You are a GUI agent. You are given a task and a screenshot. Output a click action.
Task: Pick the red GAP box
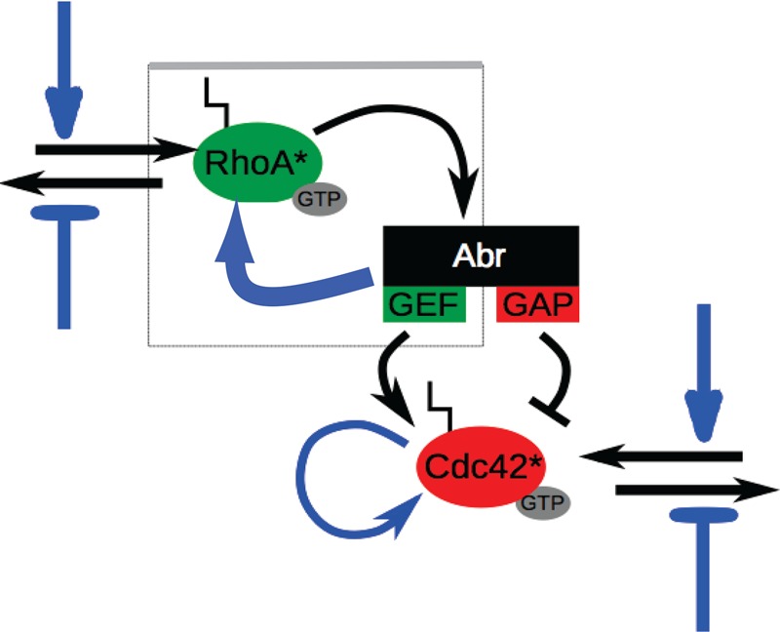pyautogui.click(x=539, y=304)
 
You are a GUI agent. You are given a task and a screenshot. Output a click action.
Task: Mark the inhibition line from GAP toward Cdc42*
pyautogui.click(x=565, y=371)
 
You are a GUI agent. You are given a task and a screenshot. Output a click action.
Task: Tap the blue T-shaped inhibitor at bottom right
pyautogui.click(x=704, y=566)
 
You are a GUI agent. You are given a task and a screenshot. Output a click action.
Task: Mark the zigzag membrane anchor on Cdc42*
pyautogui.click(x=440, y=405)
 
